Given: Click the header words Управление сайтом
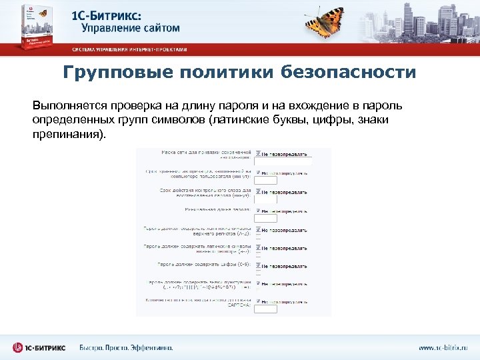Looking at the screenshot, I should (x=131, y=29).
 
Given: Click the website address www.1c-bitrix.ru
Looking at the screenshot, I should (x=443, y=348).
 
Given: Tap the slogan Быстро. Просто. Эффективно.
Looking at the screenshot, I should (x=126, y=348).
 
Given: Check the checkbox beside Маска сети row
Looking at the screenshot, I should (x=258, y=152).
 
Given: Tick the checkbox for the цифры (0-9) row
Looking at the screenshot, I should (x=258, y=264).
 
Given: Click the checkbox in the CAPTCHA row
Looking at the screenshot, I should (x=258, y=301).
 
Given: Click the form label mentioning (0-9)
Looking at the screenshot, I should (x=203, y=265).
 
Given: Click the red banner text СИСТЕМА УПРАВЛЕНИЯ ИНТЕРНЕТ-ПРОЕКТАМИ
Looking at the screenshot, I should (x=130, y=50).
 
